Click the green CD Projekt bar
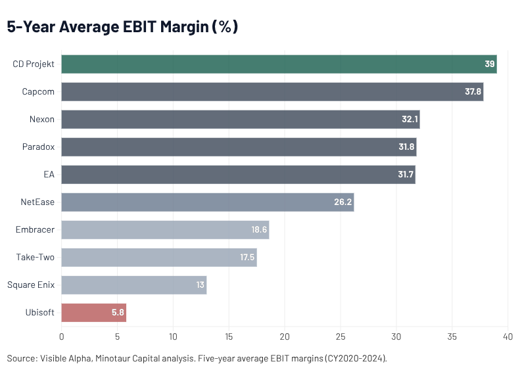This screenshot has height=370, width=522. [x=279, y=64]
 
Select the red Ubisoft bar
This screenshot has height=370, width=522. [x=94, y=313]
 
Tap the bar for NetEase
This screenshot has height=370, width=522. [x=208, y=202]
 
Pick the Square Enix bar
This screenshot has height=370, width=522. [x=134, y=285]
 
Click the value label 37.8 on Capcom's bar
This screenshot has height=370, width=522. [x=473, y=92]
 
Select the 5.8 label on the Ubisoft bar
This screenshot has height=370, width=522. [x=118, y=313]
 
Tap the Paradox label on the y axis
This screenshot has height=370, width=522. [x=38, y=147]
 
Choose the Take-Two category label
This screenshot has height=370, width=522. [x=35, y=257]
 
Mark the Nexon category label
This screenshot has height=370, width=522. [x=41, y=120]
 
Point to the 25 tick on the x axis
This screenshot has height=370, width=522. [x=341, y=337]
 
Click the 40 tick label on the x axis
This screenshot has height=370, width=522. [x=508, y=337]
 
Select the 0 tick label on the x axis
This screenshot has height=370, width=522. [x=61, y=337]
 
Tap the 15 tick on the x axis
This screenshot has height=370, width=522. [x=229, y=337]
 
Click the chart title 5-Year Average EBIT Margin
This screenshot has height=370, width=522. [x=122, y=28]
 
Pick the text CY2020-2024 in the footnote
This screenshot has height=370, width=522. [x=358, y=359]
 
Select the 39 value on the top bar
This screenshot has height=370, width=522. [x=489, y=64]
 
